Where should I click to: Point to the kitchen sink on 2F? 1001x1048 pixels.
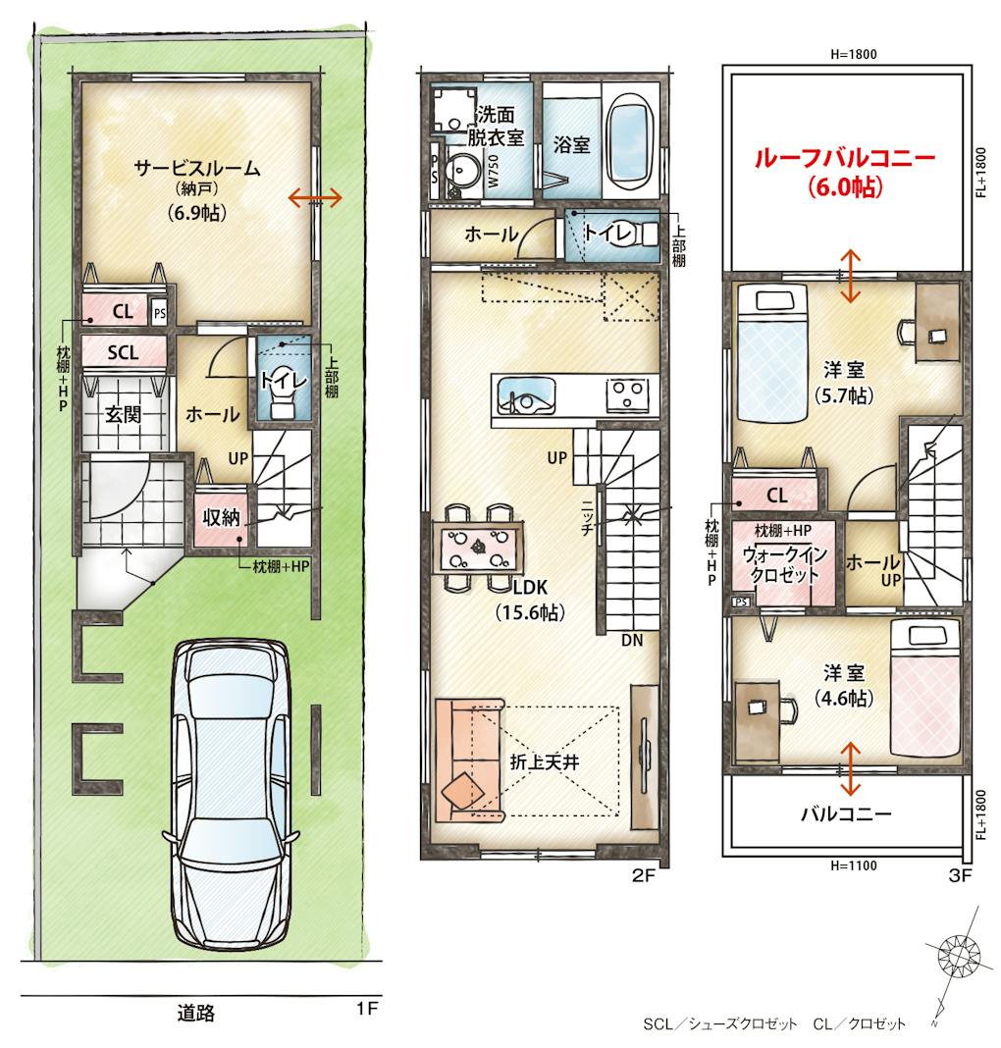pyautogui.click(x=526, y=396)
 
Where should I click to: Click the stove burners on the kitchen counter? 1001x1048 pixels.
pyautogui.click(x=627, y=393)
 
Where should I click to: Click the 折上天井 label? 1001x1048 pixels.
pyautogui.click(x=544, y=761)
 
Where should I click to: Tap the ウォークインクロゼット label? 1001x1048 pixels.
pyautogui.click(x=784, y=564)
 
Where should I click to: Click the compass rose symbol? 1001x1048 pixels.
pyautogui.click(x=958, y=955)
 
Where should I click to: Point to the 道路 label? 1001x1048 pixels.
pyautogui.click(x=196, y=1013)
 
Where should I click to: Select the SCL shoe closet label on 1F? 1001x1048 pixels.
pyautogui.click(x=123, y=352)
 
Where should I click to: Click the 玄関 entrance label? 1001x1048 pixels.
pyautogui.click(x=123, y=414)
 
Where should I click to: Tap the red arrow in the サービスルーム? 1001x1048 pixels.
pyautogui.click(x=315, y=197)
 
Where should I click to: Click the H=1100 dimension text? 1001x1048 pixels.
pyautogui.click(x=854, y=865)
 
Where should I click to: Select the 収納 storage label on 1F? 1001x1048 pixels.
pyautogui.click(x=221, y=517)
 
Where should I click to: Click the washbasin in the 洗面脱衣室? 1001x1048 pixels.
pyautogui.click(x=462, y=171)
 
